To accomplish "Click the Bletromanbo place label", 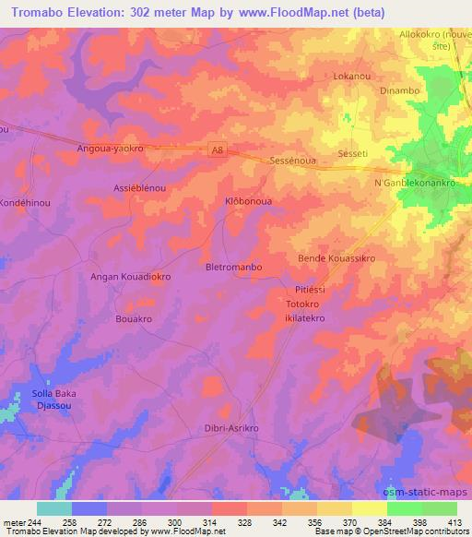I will coord(233,267).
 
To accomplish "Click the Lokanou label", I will coord(353,78).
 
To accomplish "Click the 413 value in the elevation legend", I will coord(454,521).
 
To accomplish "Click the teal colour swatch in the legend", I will coord(54,508).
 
